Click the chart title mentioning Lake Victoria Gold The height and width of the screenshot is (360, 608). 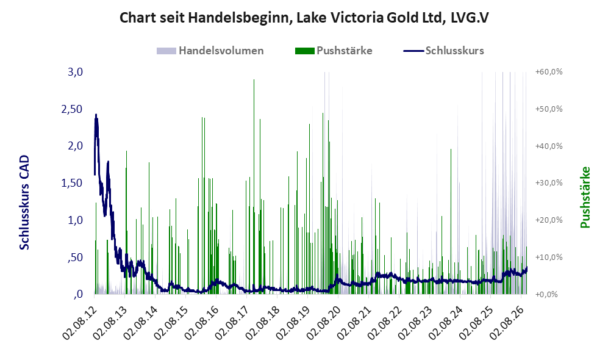click(x=304, y=18)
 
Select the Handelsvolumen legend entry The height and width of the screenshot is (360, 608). click(x=210, y=51)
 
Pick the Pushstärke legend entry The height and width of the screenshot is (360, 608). click(x=334, y=51)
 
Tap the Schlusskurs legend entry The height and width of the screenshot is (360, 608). click(x=443, y=51)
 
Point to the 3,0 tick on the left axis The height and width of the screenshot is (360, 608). click(x=75, y=72)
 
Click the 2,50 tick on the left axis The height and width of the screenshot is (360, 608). click(x=72, y=109)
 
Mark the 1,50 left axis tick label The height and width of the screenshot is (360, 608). click(x=72, y=183)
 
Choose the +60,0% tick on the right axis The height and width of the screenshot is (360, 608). click(x=549, y=72)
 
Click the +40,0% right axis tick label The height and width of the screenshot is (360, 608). click(x=549, y=146)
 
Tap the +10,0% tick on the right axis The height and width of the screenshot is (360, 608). click(x=549, y=257)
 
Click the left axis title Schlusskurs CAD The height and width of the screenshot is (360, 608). click(x=24, y=202)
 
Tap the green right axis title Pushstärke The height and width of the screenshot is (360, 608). click(x=585, y=197)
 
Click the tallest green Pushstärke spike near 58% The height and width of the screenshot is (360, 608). click(x=254, y=186)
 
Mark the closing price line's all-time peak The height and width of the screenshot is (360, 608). click(x=96, y=115)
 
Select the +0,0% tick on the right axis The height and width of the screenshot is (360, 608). click(x=549, y=294)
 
